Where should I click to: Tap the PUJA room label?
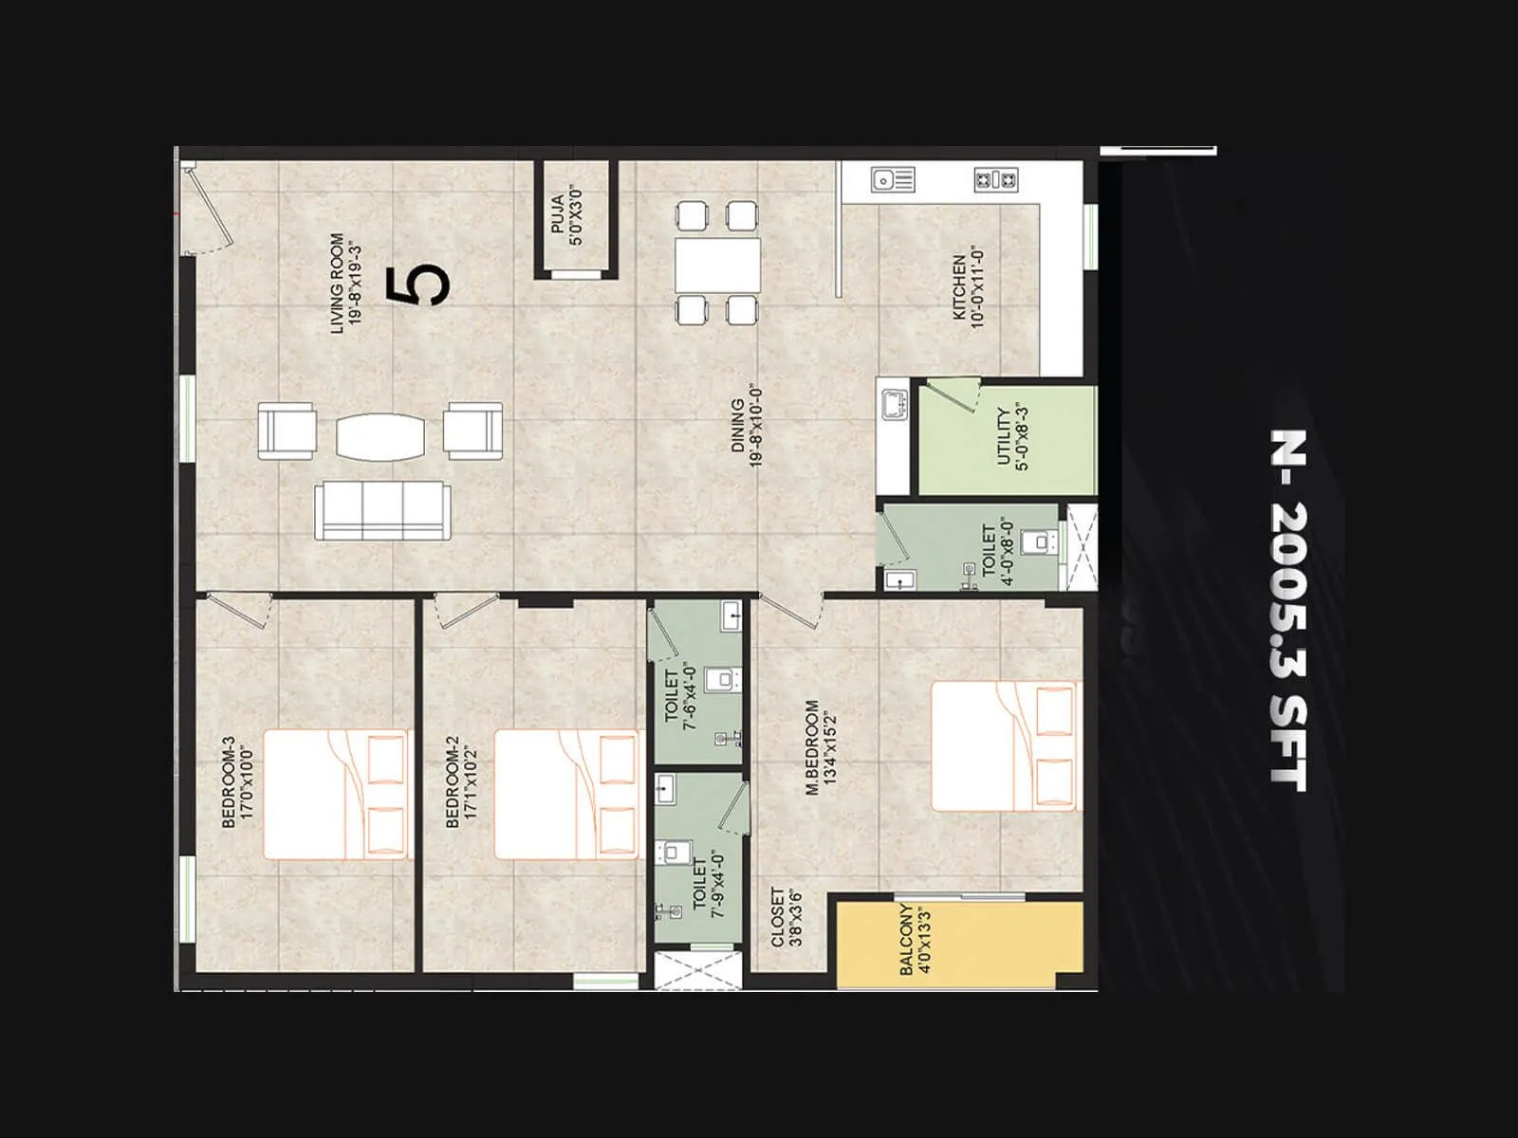pyautogui.click(x=565, y=219)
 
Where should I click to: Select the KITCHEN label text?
pyautogui.click(x=968, y=286)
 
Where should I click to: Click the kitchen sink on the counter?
pyautogui.click(x=892, y=178)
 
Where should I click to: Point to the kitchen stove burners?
pyautogui.click(x=996, y=178)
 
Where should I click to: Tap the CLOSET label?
pyautogui.click(x=787, y=916)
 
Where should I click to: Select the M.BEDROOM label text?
pyautogui.click(x=822, y=747)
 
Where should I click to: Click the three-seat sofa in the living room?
pyautogui.click(x=383, y=509)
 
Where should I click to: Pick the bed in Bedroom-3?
pyautogui.click(x=337, y=794)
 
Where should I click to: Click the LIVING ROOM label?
pyautogui.click(x=345, y=283)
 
